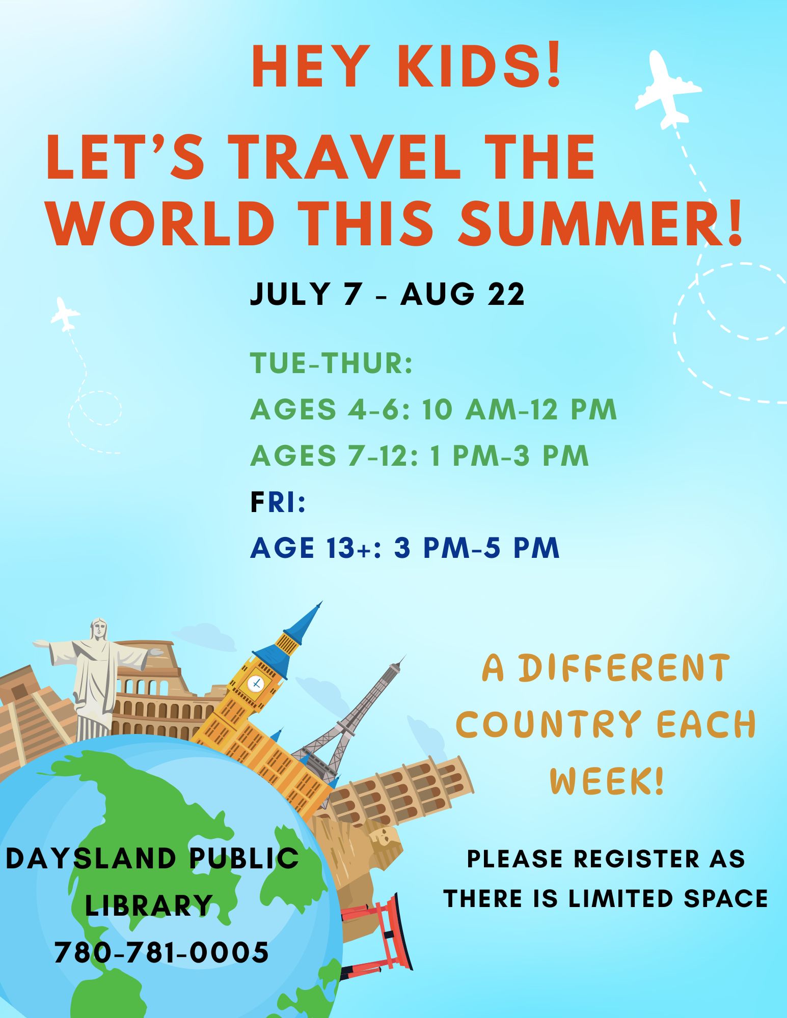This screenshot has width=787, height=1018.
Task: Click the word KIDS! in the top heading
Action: (479, 67)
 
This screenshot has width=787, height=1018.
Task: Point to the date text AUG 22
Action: (463, 294)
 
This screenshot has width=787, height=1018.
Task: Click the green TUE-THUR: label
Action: (331, 363)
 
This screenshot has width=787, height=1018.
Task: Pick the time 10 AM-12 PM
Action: (520, 409)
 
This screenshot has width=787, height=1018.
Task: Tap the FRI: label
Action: (278, 502)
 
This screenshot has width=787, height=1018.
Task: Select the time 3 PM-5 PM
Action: (477, 548)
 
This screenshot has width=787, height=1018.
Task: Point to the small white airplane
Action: (65, 314)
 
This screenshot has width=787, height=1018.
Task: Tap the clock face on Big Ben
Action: (256, 683)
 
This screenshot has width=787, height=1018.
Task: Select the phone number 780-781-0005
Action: (161, 952)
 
